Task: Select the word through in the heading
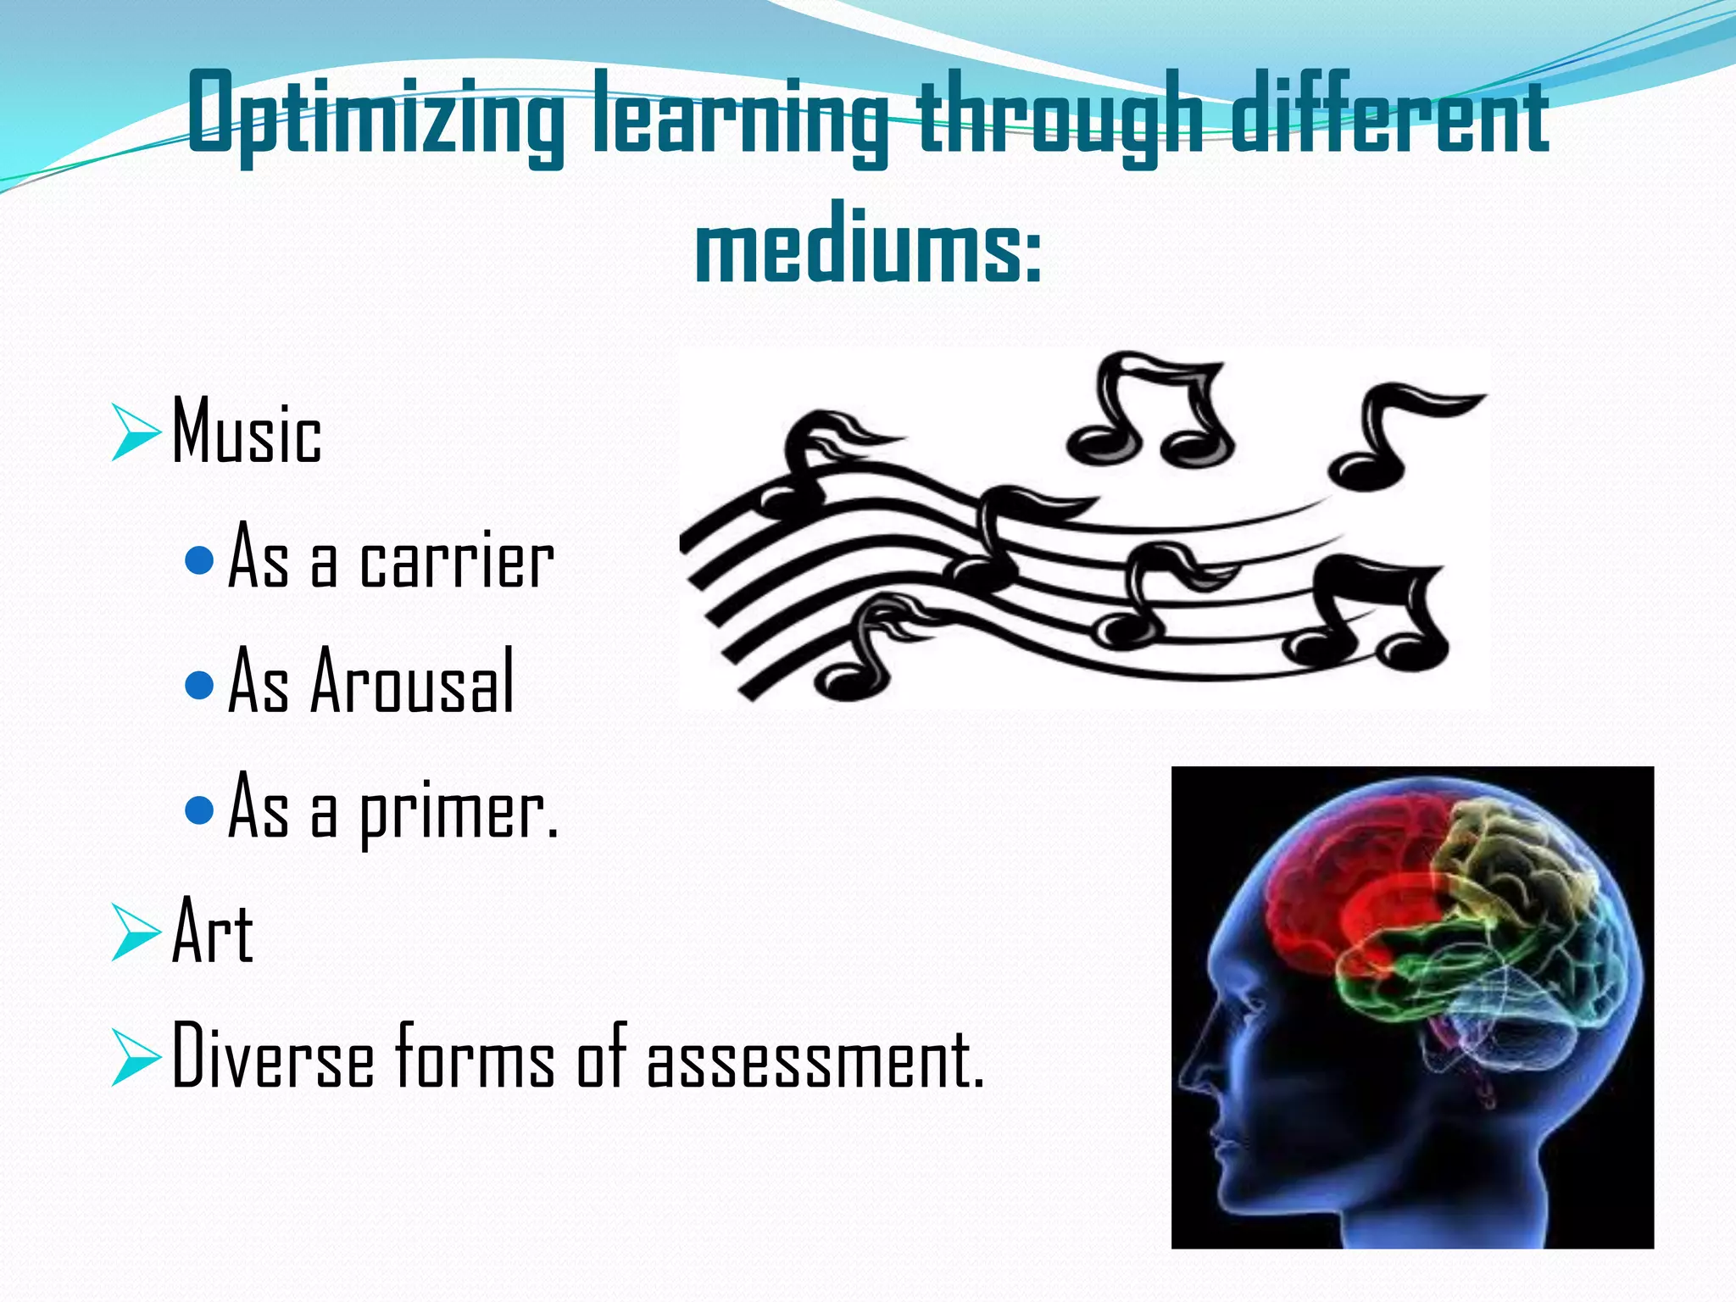coord(1060,114)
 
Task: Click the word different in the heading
coord(1390,114)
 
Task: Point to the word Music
coord(247,432)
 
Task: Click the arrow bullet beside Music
coord(136,432)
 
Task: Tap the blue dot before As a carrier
coord(198,559)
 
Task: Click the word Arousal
coord(413,682)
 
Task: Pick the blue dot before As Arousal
coord(198,684)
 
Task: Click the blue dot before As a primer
coord(198,810)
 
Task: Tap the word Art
coord(213,932)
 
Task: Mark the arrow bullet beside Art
coord(136,932)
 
